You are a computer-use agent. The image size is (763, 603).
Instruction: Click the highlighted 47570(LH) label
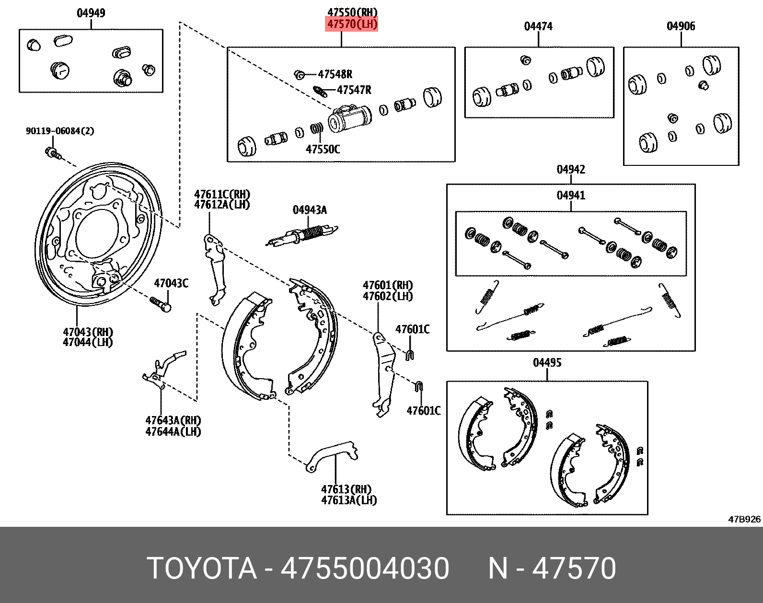click(352, 23)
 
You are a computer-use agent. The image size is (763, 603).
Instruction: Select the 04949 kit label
click(91, 13)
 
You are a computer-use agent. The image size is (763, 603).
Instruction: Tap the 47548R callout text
click(335, 74)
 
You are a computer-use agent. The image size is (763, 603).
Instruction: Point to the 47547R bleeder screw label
click(354, 90)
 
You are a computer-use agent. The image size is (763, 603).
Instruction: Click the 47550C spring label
click(323, 149)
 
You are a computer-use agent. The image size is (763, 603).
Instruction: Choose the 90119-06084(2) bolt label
click(60, 131)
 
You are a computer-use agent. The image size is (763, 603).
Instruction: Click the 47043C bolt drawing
click(161, 303)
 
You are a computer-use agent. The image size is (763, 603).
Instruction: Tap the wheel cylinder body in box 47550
click(350, 119)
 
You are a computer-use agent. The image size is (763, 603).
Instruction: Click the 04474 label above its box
click(538, 26)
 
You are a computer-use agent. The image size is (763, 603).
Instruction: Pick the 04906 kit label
click(681, 26)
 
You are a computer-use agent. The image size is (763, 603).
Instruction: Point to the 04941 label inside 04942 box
click(571, 195)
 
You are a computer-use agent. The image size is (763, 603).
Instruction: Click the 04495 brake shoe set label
click(547, 362)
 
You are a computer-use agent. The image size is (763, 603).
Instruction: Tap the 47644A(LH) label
click(173, 431)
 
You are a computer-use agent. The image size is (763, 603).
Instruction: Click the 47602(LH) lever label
click(388, 296)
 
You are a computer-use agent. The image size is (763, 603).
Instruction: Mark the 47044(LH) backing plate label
click(88, 342)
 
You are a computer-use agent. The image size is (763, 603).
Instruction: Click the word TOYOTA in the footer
click(202, 568)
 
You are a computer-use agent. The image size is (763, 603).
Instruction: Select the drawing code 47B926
click(744, 519)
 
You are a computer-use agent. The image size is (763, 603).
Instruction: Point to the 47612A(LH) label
click(222, 205)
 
